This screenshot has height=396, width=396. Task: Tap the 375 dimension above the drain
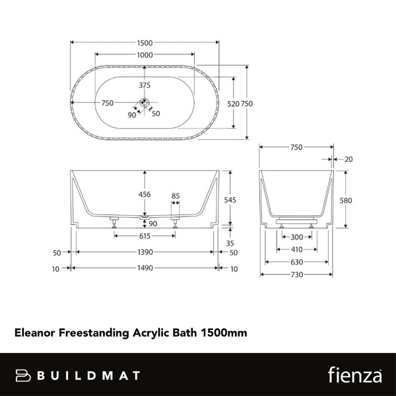145,85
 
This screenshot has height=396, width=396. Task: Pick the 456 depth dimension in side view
145,195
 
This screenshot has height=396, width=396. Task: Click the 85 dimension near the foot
176,195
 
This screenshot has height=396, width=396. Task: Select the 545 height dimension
230,199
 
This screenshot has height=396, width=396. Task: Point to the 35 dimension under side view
230,243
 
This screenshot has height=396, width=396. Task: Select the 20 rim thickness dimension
348,159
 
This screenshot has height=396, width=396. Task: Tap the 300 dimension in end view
297,237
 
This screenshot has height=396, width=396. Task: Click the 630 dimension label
297,262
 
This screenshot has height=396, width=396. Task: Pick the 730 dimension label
297,275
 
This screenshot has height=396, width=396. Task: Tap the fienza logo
353,375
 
